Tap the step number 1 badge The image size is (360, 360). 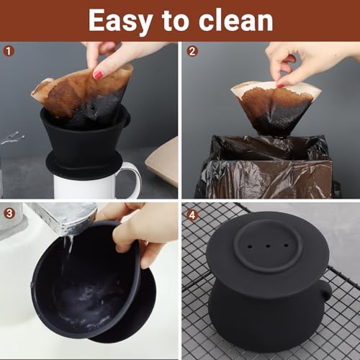pos(9,50)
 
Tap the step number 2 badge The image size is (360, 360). pos(192,50)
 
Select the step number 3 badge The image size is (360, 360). pos(9,213)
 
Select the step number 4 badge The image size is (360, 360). pos(192,213)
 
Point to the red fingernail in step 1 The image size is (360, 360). pos(98,73)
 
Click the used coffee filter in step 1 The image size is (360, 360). pos(83,94)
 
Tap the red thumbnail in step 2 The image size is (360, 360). pos(282,83)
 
